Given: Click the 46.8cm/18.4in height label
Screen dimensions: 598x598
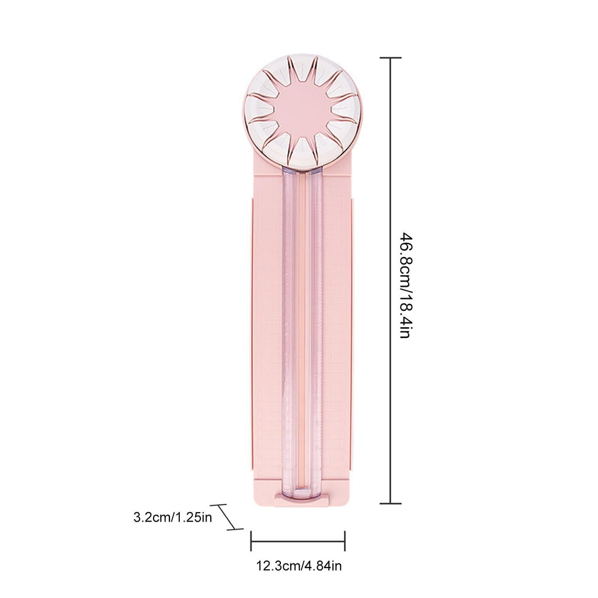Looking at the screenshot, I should coord(407,286).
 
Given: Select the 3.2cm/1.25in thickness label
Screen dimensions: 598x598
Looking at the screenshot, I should coord(173,517).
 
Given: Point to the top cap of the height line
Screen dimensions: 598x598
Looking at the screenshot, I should coord(390,58).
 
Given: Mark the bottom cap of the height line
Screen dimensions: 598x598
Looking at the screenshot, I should coord(390,503).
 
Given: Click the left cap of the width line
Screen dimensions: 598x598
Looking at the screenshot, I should coord(251,541).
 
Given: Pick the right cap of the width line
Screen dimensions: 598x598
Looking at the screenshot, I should coord(345,541).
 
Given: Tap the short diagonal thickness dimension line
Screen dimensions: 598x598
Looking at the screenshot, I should coord(227,517).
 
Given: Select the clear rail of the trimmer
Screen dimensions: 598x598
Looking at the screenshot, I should coord(302,333).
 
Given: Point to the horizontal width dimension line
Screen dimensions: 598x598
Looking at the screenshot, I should coord(298,541).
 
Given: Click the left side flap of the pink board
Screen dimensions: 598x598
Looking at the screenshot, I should coord(251,333).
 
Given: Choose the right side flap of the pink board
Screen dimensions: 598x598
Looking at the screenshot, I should coord(352,333).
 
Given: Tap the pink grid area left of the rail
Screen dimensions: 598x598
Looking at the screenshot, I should coord(269,333).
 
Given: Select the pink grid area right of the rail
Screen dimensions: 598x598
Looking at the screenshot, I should coord(335,333).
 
